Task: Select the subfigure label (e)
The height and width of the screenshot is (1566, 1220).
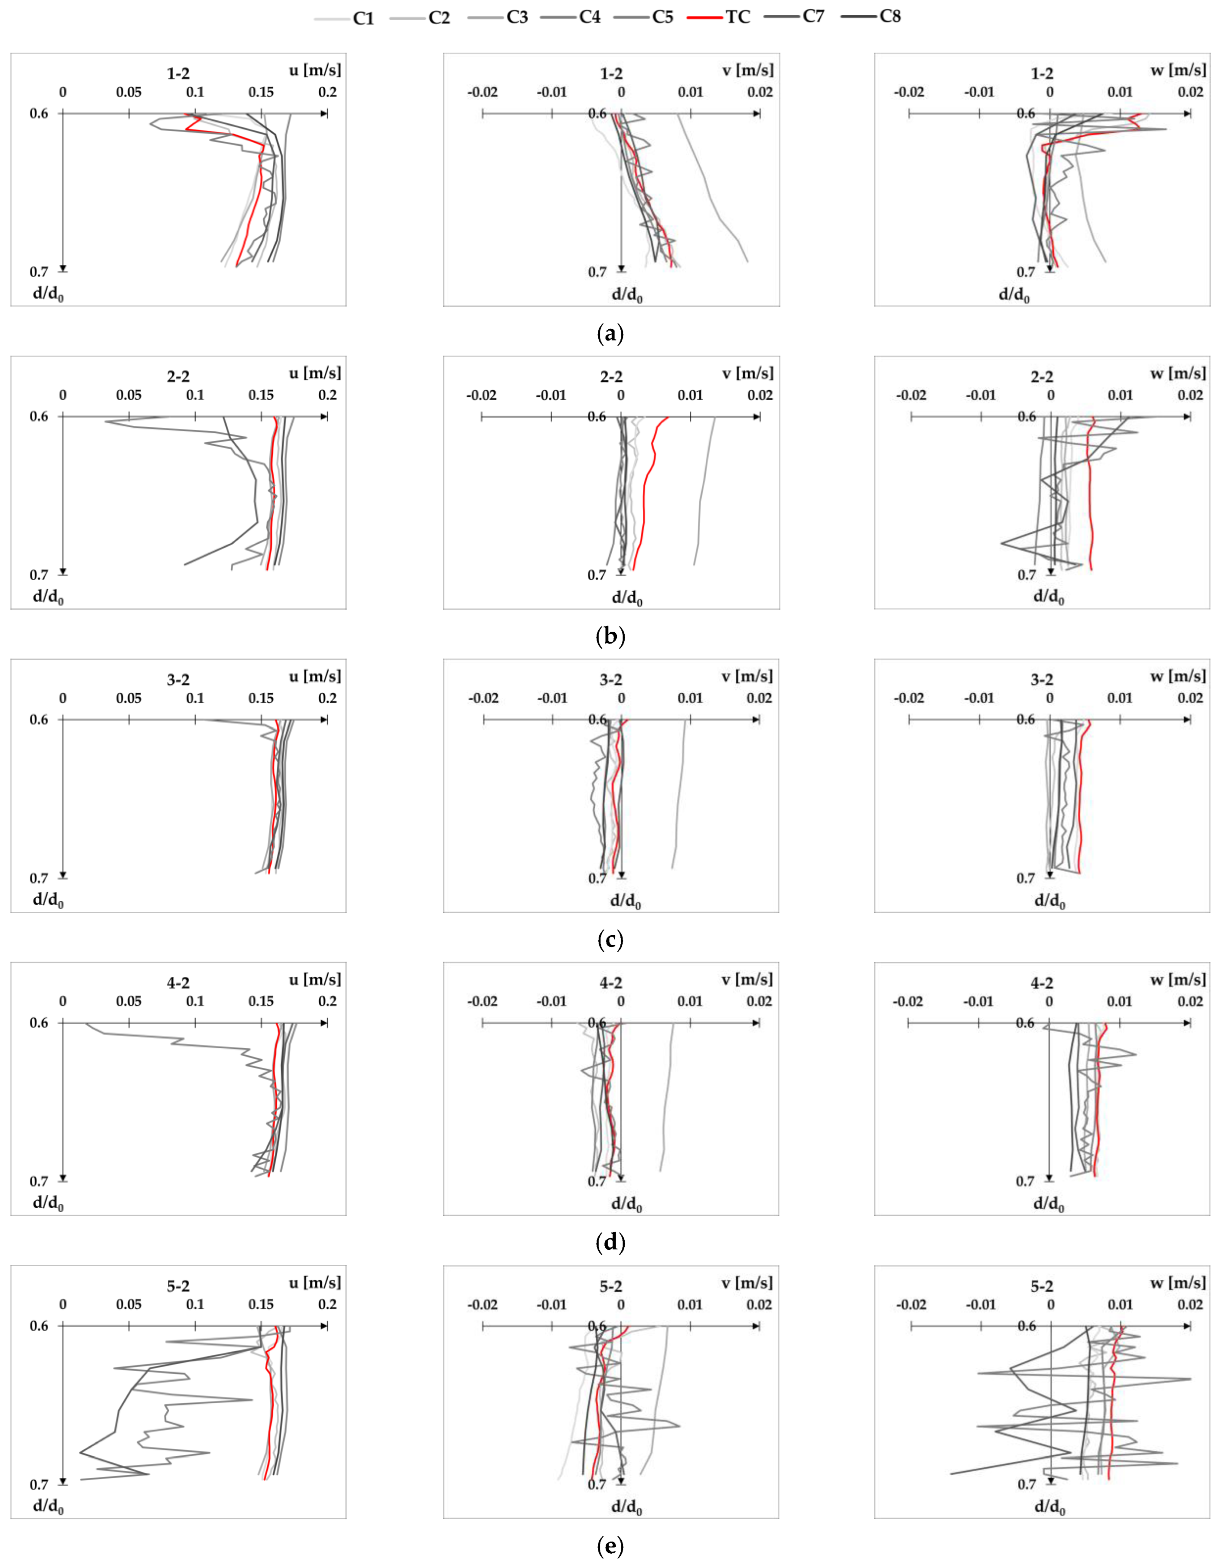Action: click(610, 1546)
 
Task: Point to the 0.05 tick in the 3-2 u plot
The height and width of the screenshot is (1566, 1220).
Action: click(129, 698)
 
